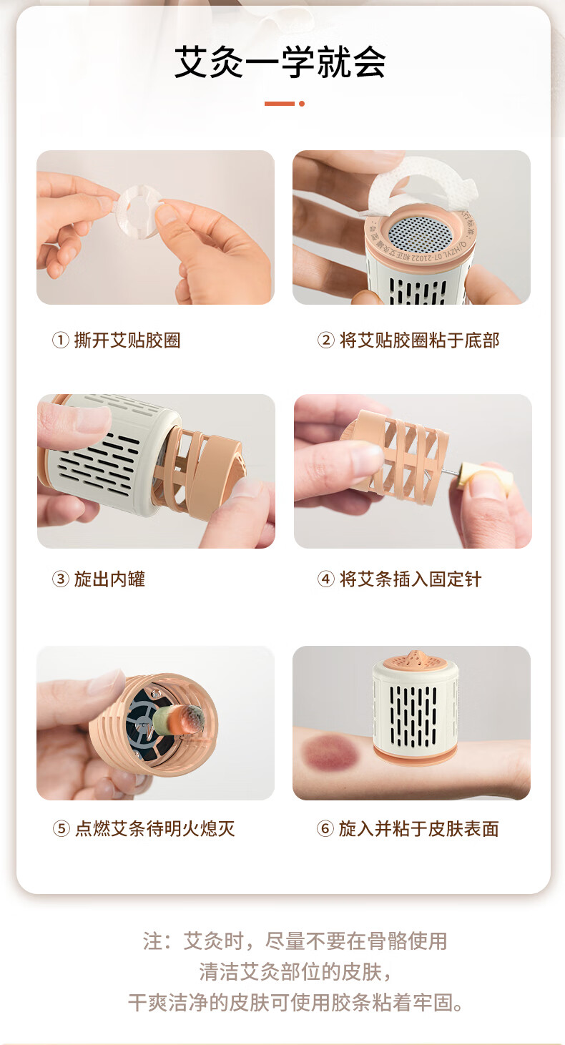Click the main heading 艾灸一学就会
click(x=280, y=62)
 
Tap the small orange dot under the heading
click(x=302, y=104)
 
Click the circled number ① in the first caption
click(x=60, y=340)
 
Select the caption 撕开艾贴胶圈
click(x=127, y=340)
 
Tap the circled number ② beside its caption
click(x=325, y=340)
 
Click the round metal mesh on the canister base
click(x=421, y=234)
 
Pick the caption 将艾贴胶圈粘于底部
click(x=419, y=340)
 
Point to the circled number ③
click(x=60, y=579)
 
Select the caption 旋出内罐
click(x=109, y=579)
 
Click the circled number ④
click(x=325, y=579)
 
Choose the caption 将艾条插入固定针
click(x=411, y=579)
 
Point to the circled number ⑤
click(x=61, y=828)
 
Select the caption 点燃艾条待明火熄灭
click(x=155, y=828)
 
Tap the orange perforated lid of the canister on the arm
click(x=416, y=661)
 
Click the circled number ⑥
click(x=325, y=828)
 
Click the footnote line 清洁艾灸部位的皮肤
click(x=295, y=972)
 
